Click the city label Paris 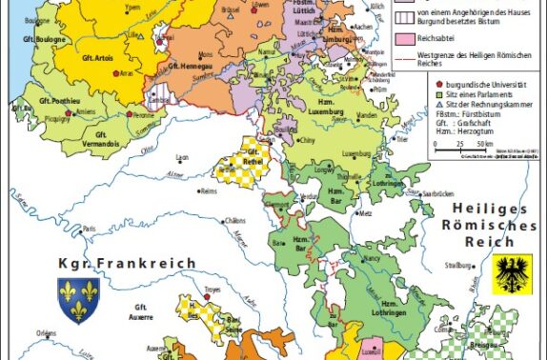pos(91,229)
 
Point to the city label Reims pos(209,190)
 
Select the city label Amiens pos(86,111)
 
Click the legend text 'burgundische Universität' pos(476,85)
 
